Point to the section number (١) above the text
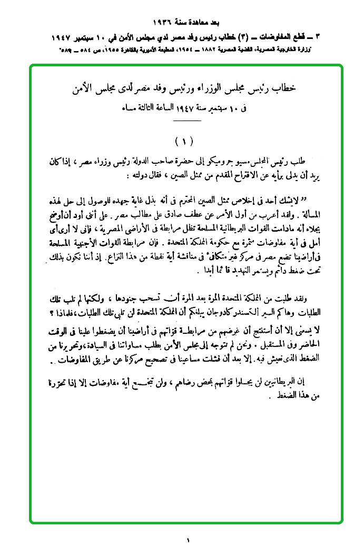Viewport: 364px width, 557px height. click(184, 142)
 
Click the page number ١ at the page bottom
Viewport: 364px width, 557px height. click(186, 540)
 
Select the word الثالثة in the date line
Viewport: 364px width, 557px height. click(156, 108)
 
